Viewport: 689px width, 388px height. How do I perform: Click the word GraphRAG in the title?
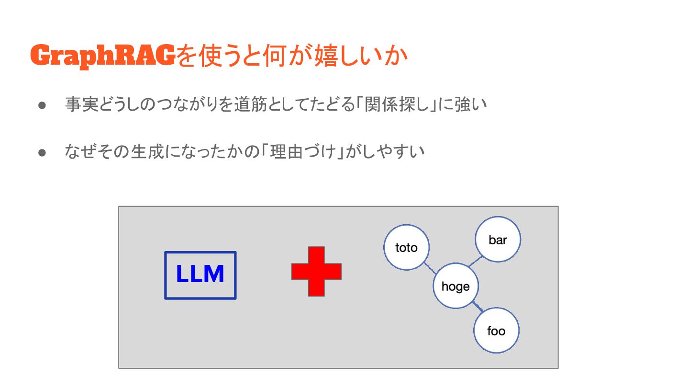point(102,57)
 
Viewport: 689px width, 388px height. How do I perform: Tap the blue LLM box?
point(200,275)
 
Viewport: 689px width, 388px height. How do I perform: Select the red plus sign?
point(316,271)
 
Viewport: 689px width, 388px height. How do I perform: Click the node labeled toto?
point(407,248)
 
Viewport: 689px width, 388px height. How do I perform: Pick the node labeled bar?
point(498,240)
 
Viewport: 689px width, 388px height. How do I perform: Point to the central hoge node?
point(456,286)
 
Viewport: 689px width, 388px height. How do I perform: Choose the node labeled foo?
point(496,331)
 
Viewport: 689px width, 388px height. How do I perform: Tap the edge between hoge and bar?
point(475,261)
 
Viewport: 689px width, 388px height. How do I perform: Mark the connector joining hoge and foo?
point(477,307)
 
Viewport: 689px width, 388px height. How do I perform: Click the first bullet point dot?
point(42,104)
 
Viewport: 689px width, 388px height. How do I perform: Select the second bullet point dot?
point(42,152)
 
